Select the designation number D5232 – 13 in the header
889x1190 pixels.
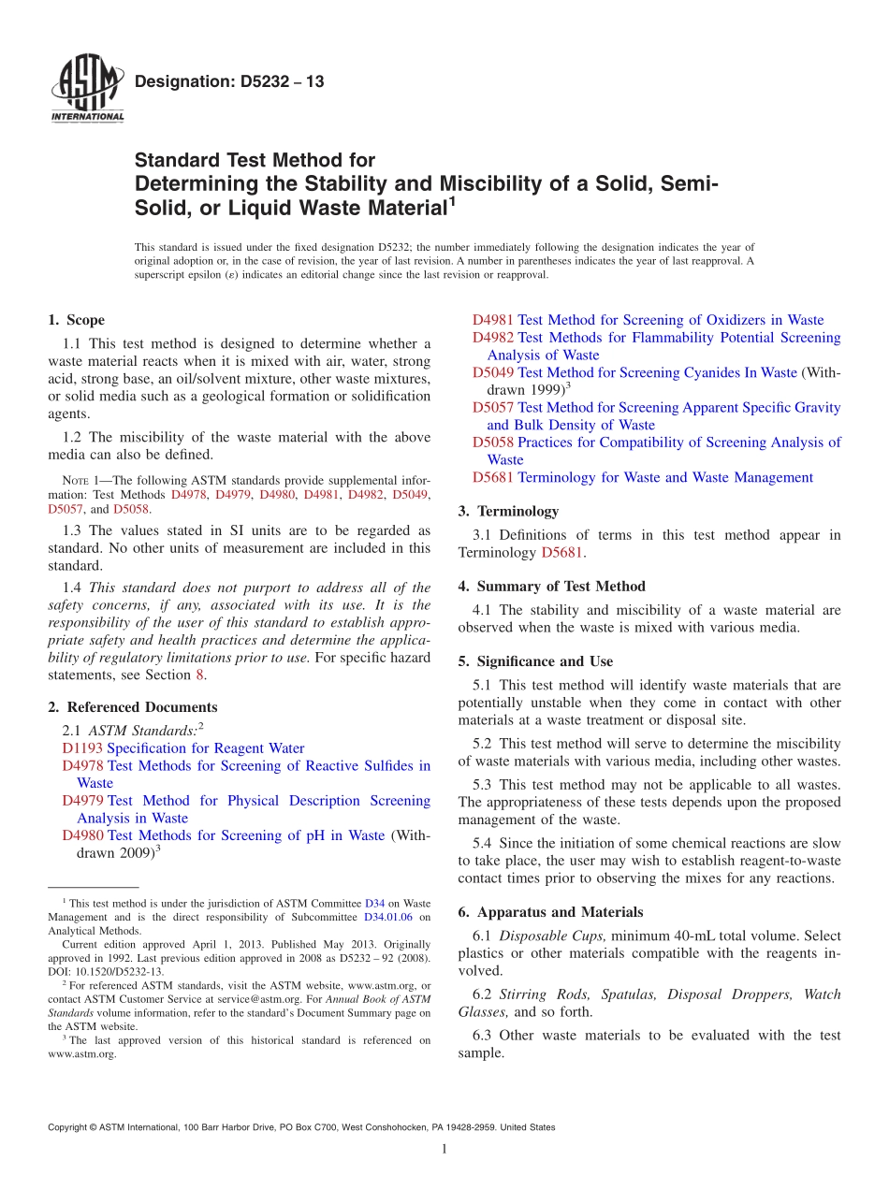[229, 81]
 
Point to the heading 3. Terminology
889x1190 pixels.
[508, 512]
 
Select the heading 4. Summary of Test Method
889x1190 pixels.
[551, 587]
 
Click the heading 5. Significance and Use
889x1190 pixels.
[535, 661]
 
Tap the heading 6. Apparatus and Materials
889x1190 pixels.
[550, 912]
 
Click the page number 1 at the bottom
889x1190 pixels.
[444, 1149]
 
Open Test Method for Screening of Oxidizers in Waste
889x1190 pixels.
[670, 320]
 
